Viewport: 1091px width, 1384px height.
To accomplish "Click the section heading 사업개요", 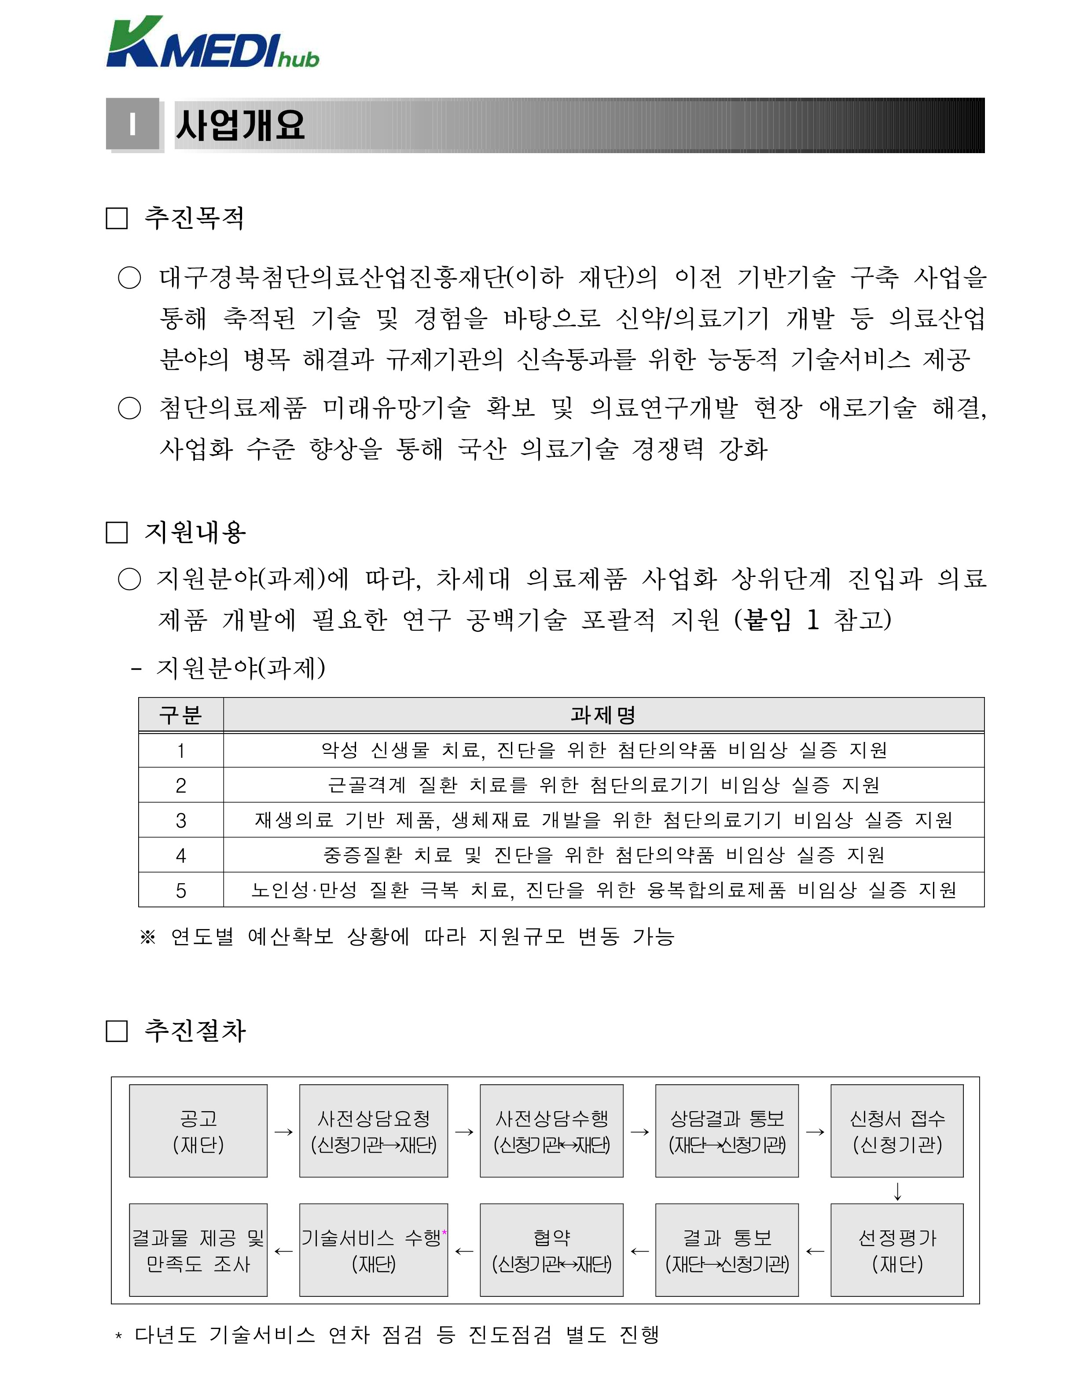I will pyautogui.click(x=240, y=125).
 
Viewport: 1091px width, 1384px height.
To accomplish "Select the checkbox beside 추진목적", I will pyautogui.click(x=116, y=218).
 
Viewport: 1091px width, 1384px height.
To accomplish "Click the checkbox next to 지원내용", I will pyautogui.click(x=116, y=532).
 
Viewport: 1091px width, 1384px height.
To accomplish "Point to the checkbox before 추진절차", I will pyautogui.click(x=116, y=1031).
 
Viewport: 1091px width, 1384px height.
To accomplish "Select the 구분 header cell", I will pyautogui.click(x=181, y=715).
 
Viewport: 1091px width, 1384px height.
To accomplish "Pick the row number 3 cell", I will pyautogui.click(x=181, y=820).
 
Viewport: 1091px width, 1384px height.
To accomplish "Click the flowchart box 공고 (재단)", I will pyautogui.click(x=198, y=1131).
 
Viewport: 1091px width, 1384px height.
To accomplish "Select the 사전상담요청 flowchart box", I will pyautogui.click(x=374, y=1131).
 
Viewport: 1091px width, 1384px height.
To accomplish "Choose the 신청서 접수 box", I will pyautogui.click(x=897, y=1131).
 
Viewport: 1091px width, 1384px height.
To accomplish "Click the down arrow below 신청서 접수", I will pyautogui.click(x=897, y=1191).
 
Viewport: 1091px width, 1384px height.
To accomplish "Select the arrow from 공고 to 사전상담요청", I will pyautogui.click(x=283, y=1132).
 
